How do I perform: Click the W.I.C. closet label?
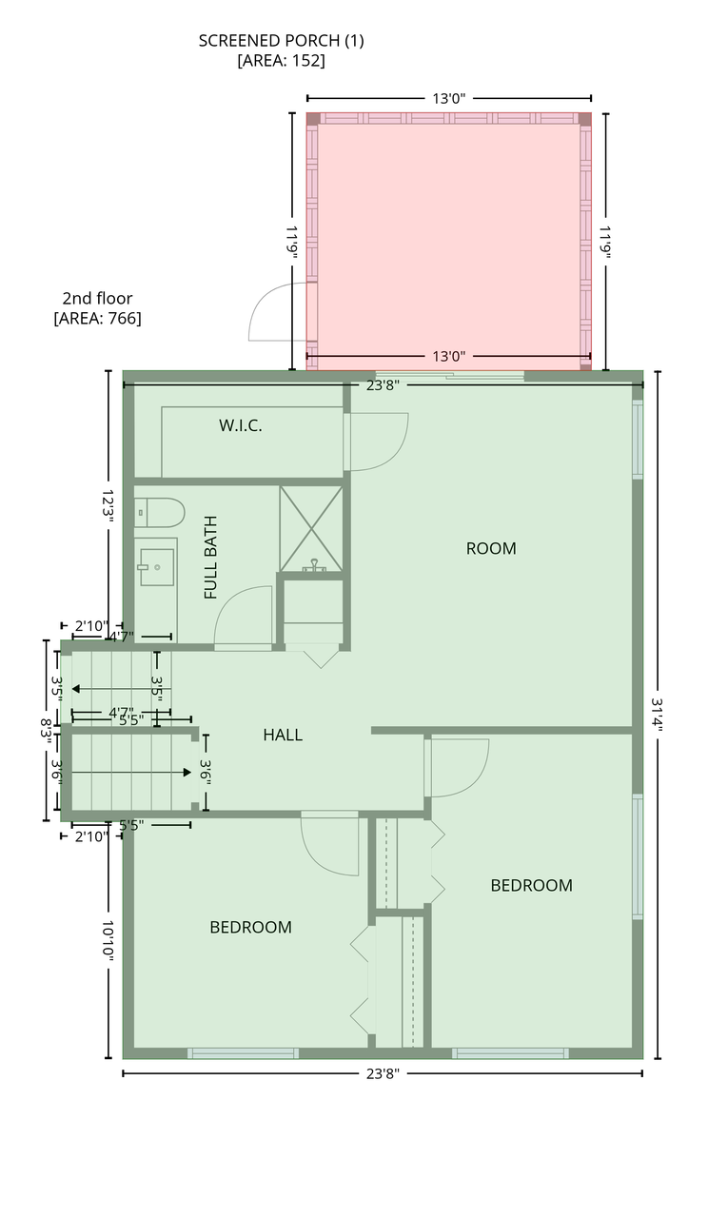241,425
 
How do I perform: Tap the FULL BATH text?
210,558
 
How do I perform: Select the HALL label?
283,736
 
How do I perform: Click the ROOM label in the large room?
491,548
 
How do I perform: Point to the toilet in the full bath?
159,512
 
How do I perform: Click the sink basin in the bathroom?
157,567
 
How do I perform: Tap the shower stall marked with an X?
311,528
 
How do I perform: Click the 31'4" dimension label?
658,715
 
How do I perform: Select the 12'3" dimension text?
108,506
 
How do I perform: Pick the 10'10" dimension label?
108,941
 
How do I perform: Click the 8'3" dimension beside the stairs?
46,728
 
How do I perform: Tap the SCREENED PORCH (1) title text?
281,41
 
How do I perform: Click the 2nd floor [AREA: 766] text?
97,307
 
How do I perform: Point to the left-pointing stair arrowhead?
75,689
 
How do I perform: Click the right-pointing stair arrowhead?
187,772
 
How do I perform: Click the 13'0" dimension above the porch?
449,98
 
